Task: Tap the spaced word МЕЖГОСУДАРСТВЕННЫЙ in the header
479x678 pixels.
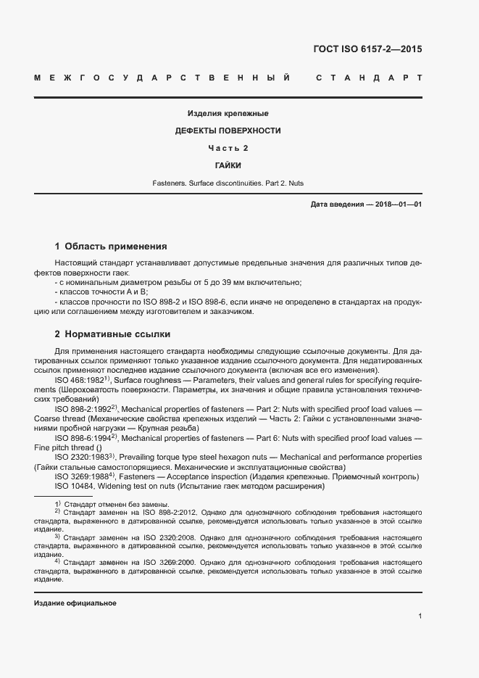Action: [x=163, y=78]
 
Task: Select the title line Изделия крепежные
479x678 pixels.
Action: [x=228, y=114]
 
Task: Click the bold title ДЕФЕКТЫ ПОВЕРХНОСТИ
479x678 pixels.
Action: [x=228, y=131]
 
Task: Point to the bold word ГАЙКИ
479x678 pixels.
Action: [x=228, y=166]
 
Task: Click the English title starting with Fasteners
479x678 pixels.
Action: [x=228, y=184]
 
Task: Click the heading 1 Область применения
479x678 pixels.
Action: [x=111, y=247]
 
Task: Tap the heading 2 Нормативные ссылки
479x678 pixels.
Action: [x=112, y=334]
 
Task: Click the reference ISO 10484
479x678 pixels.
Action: [x=74, y=486]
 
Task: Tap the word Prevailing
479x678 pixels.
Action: [x=138, y=458]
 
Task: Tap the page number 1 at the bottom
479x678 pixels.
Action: [x=420, y=616]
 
